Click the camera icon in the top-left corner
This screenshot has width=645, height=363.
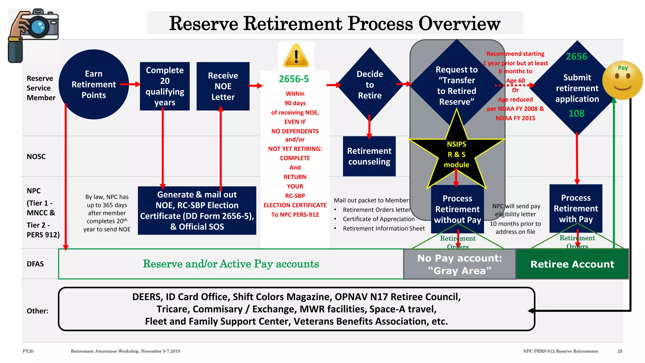click(33, 35)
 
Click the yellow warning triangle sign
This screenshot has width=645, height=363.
click(296, 56)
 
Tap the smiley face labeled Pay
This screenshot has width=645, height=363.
click(622, 80)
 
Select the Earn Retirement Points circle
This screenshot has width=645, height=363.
click(94, 84)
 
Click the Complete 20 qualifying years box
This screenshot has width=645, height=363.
click(165, 86)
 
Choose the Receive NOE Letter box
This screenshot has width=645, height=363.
click(223, 86)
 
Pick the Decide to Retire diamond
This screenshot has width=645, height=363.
click(370, 84)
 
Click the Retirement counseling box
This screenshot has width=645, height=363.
click(369, 156)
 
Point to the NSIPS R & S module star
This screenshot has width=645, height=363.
click(456, 154)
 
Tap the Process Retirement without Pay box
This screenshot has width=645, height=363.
click(457, 209)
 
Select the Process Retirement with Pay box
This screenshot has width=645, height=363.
click(576, 208)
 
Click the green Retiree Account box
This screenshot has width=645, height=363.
click(572, 264)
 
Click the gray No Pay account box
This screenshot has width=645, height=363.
click(459, 264)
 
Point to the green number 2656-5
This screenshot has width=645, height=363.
click(294, 79)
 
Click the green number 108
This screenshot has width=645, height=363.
click(576, 113)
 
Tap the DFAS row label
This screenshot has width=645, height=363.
click(35, 264)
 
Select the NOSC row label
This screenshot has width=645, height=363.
click(36, 157)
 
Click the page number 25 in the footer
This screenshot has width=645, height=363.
click(620, 351)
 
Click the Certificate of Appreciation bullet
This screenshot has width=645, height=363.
click(379, 219)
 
